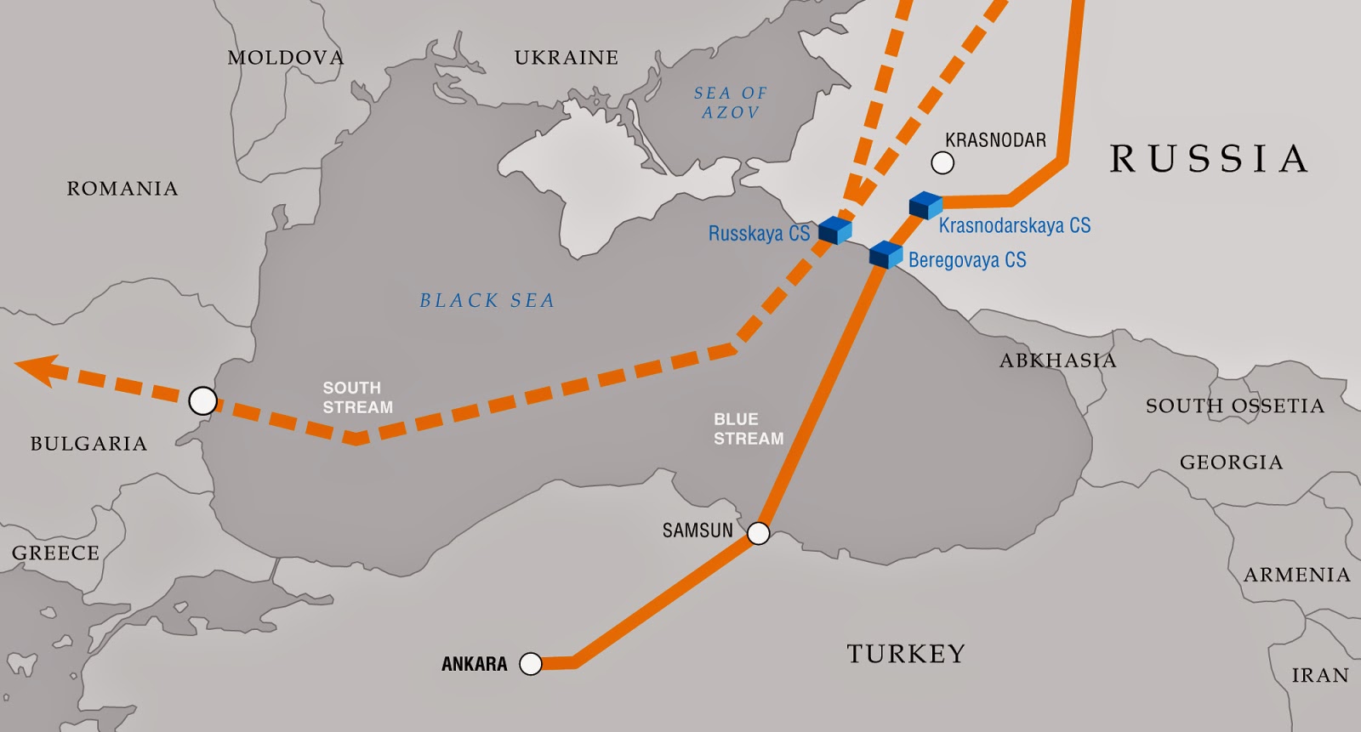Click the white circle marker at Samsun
tap(758, 533)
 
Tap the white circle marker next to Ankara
tap(531, 664)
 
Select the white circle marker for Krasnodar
tap(942, 162)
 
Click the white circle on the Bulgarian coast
tap(202, 400)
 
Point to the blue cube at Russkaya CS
tap(835, 230)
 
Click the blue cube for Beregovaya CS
tap(886, 254)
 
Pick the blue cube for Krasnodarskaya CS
tap(925, 206)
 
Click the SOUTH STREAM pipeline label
tap(357, 397)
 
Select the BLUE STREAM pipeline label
tap(748, 429)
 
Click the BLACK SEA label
tap(487, 300)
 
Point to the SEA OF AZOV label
tap(730, 102)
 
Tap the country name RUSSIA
tap(1208, 159)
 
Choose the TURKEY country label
tap(906, 654)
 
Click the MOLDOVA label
tap(286, 58)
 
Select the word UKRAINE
tap(566, 58)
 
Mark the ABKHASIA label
tap(1057, 360)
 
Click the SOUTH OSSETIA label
tap(1234, 406)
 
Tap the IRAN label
tap(1320, 676)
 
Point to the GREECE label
tap(55, 553)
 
